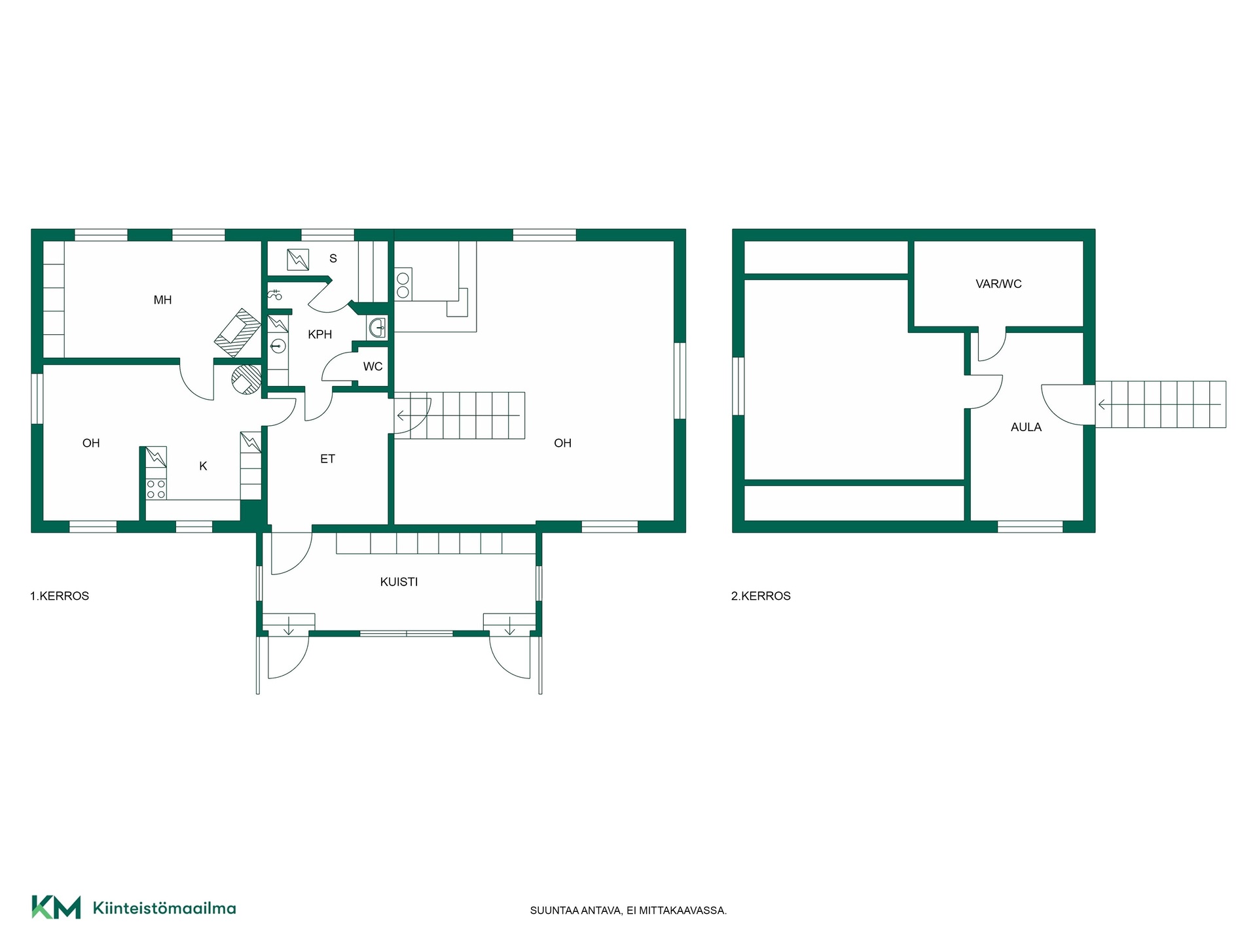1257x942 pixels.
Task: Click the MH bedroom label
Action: pos(162,300)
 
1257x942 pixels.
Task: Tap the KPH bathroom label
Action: pos(320,334)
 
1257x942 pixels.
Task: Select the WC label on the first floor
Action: pos(373,366)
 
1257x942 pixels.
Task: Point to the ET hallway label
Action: pos(327,459)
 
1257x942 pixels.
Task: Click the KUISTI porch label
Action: pos(399,582)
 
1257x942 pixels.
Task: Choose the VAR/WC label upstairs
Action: pos(998,284)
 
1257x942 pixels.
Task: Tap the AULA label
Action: pos(1026,427)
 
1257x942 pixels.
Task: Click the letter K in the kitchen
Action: pos(203,466)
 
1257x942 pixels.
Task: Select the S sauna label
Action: pos(333,258)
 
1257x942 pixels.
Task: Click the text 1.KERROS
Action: pos(60,596)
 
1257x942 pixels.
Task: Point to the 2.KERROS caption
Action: pos(761,596)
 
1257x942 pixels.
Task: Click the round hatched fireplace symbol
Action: pos(246,380)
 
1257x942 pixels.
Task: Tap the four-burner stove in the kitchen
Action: pos(156,489)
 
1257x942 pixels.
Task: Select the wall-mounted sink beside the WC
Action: pos(377,327)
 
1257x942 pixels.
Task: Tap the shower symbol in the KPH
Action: pos(275,295)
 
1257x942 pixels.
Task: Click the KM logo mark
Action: pos(56,907)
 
